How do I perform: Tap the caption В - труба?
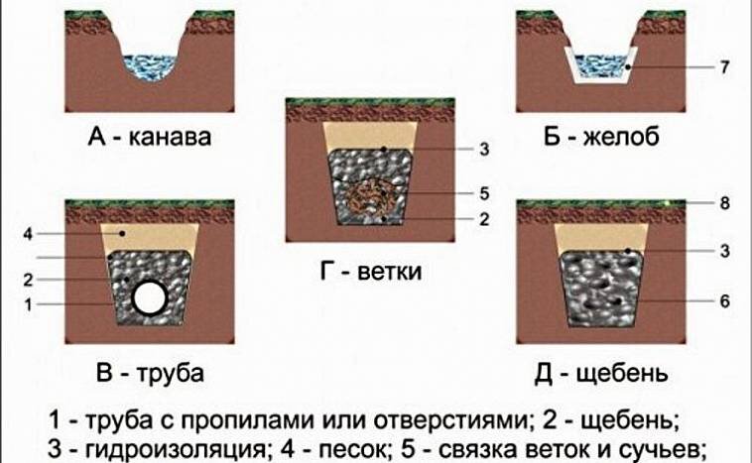tap(149, 375)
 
